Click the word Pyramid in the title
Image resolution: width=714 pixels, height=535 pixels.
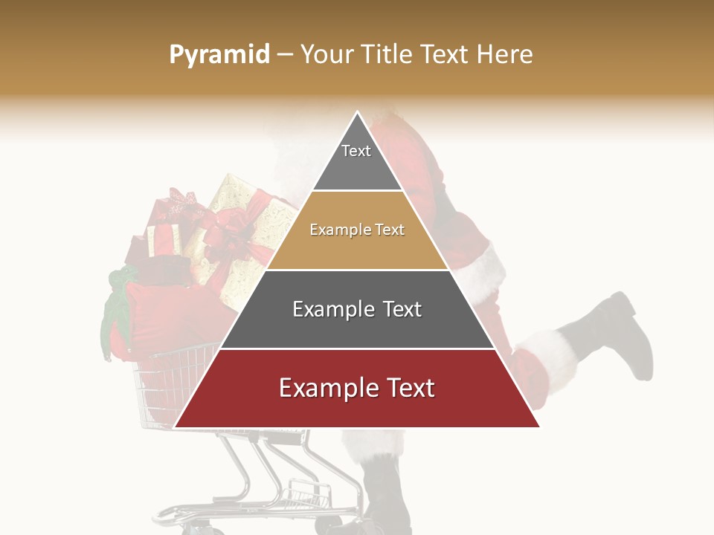(x=219, y=55)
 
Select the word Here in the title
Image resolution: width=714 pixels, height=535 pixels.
(x=505, y=54)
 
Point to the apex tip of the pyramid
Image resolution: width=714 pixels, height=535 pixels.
(x=357, y=112)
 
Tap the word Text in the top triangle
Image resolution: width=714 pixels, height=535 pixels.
(x=356, y=151)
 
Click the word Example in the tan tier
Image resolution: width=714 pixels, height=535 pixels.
(x=333, y=230)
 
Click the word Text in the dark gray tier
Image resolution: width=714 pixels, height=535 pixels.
(x=398, y=309)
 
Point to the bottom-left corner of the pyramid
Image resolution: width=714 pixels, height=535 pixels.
(x=175, y=427)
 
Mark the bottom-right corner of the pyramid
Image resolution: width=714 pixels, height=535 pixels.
(x=539, y=427)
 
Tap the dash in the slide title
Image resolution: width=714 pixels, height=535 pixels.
(x=285, y=55)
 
